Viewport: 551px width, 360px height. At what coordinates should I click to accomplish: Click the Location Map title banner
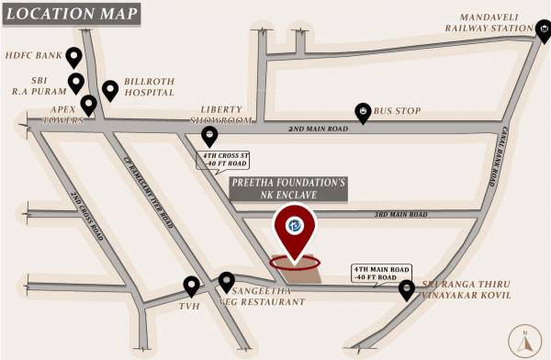pyautogui.click(x=71, y=15)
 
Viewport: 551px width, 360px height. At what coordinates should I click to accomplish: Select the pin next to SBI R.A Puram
pyautogui.click(x=76, y=83)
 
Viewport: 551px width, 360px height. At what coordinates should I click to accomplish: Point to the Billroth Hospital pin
pyautogui.click(x=110, y=89)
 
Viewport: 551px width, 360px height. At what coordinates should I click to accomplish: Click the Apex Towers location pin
pyautogui.click(x=88, y=104)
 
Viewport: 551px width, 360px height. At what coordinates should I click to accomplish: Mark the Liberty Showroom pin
pyautogui.click(x=209, y=136)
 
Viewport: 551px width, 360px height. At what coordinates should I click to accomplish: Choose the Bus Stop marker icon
pyautogui.click(x=364, y=112)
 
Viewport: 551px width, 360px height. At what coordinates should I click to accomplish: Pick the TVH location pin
pyautogui.click(x=191, y=286)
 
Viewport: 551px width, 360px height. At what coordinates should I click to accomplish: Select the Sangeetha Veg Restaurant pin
pyautogui.click(x=225, y=281)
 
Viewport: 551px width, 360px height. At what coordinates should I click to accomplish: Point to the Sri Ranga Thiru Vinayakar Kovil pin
pyautogui.click(x=406, y=289)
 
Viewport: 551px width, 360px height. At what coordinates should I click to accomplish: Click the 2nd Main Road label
pyautogui.click(x=319, y=129)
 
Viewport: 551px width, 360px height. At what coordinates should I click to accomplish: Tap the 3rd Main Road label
pyautogui.click(x=400, y=215)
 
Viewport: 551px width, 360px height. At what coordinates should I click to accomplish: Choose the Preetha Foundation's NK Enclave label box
pyautogui.click(x=288, y=189)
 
